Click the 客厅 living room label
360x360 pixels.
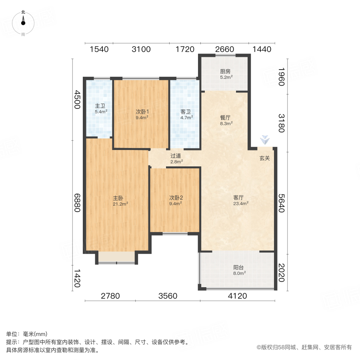(x=239, y=198)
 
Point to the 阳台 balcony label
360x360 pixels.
(x=239, y=268)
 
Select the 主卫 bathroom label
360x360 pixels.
(x=100, y=106)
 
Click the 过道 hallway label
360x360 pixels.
(x=176, y=156)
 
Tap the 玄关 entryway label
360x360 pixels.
(x=264, y=158)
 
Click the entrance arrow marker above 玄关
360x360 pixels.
(x=264, y=140)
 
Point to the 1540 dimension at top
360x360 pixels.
(x=99, y=49)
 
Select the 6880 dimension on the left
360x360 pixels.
(x=77, y=202)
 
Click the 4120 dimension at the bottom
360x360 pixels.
(x=238, y=296)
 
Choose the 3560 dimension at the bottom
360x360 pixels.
(x=167, y=296)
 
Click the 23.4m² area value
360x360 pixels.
(x=241, y=203)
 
